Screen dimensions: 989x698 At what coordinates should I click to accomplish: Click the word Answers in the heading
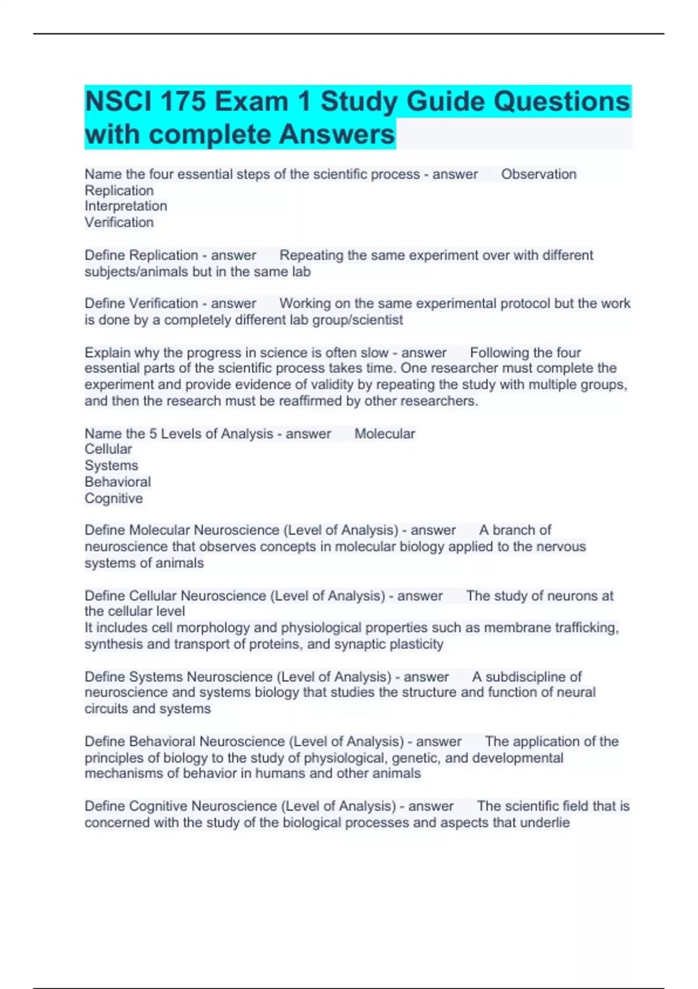point(337,134)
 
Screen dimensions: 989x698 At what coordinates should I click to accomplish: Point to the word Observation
point(539,175)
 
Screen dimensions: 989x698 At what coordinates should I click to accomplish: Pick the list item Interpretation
point(126,206)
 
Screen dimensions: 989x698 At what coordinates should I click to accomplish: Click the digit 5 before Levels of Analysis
point(153,433)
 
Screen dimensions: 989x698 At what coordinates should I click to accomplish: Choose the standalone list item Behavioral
point(117,482)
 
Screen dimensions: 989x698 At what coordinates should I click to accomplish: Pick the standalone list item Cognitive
point(113,499)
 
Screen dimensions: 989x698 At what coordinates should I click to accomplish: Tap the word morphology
point(213,628)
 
